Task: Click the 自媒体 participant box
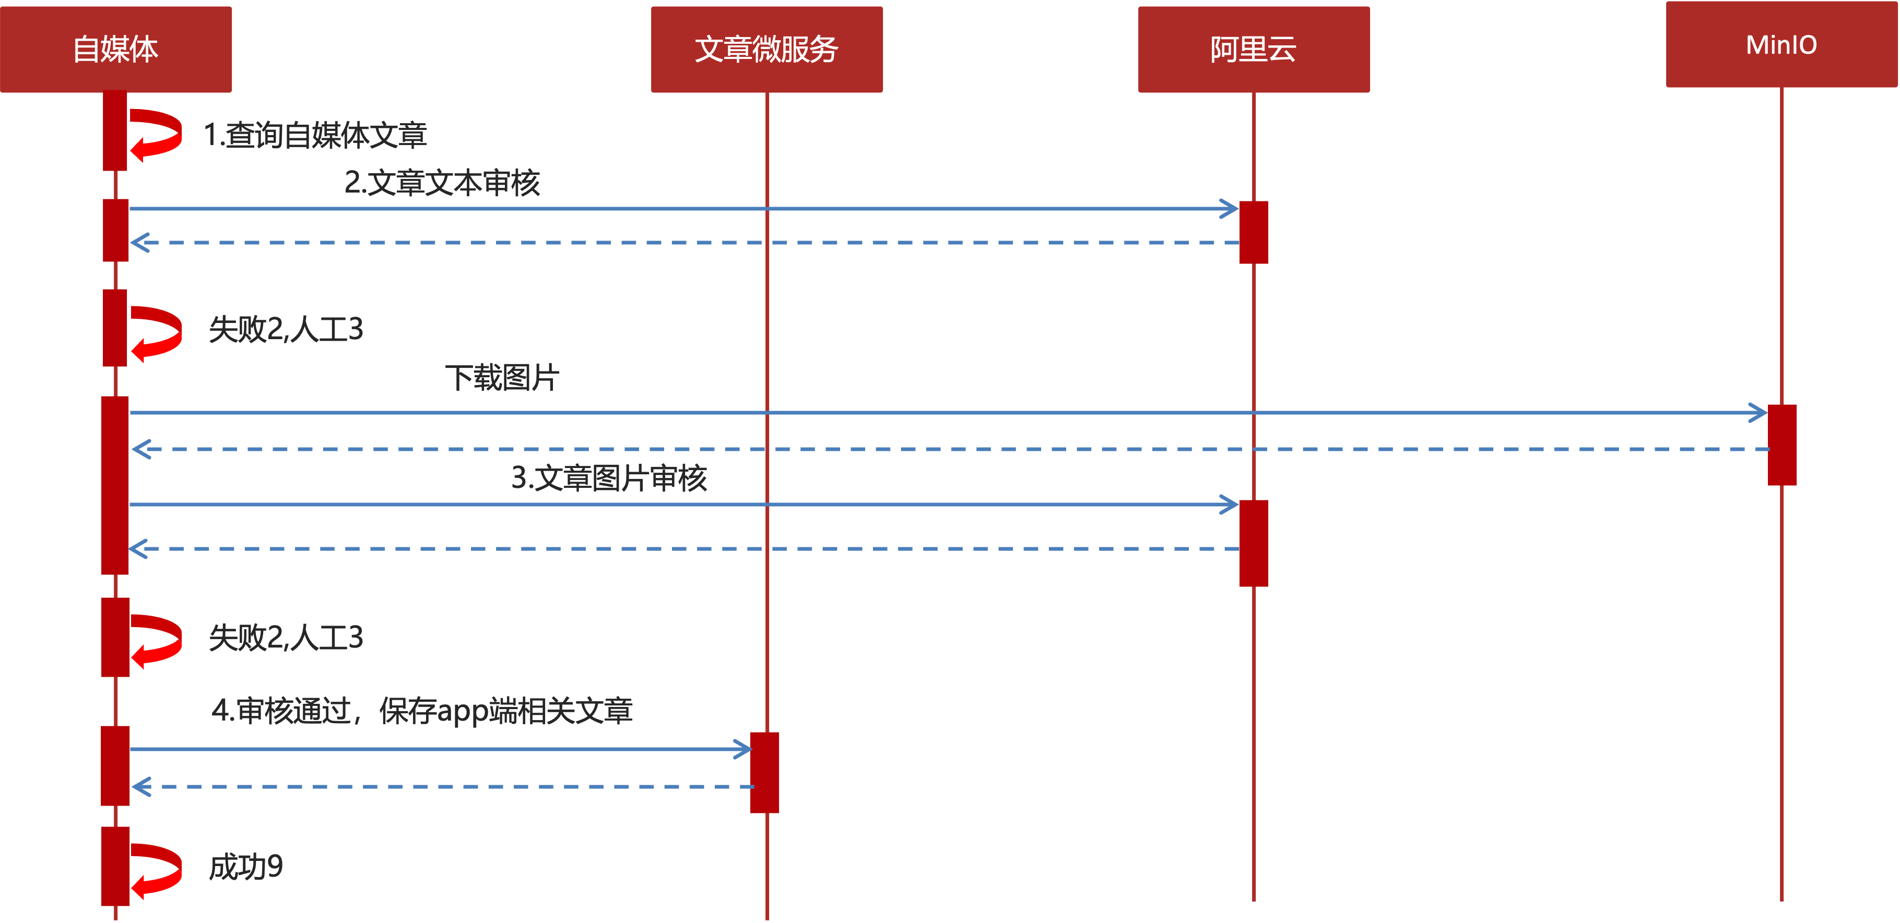[x=116, y=50]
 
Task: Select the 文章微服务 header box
[x=766, y=50]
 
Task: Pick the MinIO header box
[x=1781, y=45]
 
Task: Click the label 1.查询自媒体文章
[x=315, y=135]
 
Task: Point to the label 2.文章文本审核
[x=442, y=183]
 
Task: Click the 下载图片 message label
[x=502, y=378]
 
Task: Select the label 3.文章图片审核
[x=609, y=478]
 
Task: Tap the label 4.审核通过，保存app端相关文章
[x=422, y=711]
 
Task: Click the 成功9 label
[x=245, y=867]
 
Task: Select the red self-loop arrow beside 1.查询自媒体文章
[x=157, y=134]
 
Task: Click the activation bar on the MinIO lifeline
[x=1782, y=445]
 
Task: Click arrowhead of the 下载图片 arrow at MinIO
[x=1759, y=413]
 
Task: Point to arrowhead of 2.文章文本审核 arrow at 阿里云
[x=1230, y=209]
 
